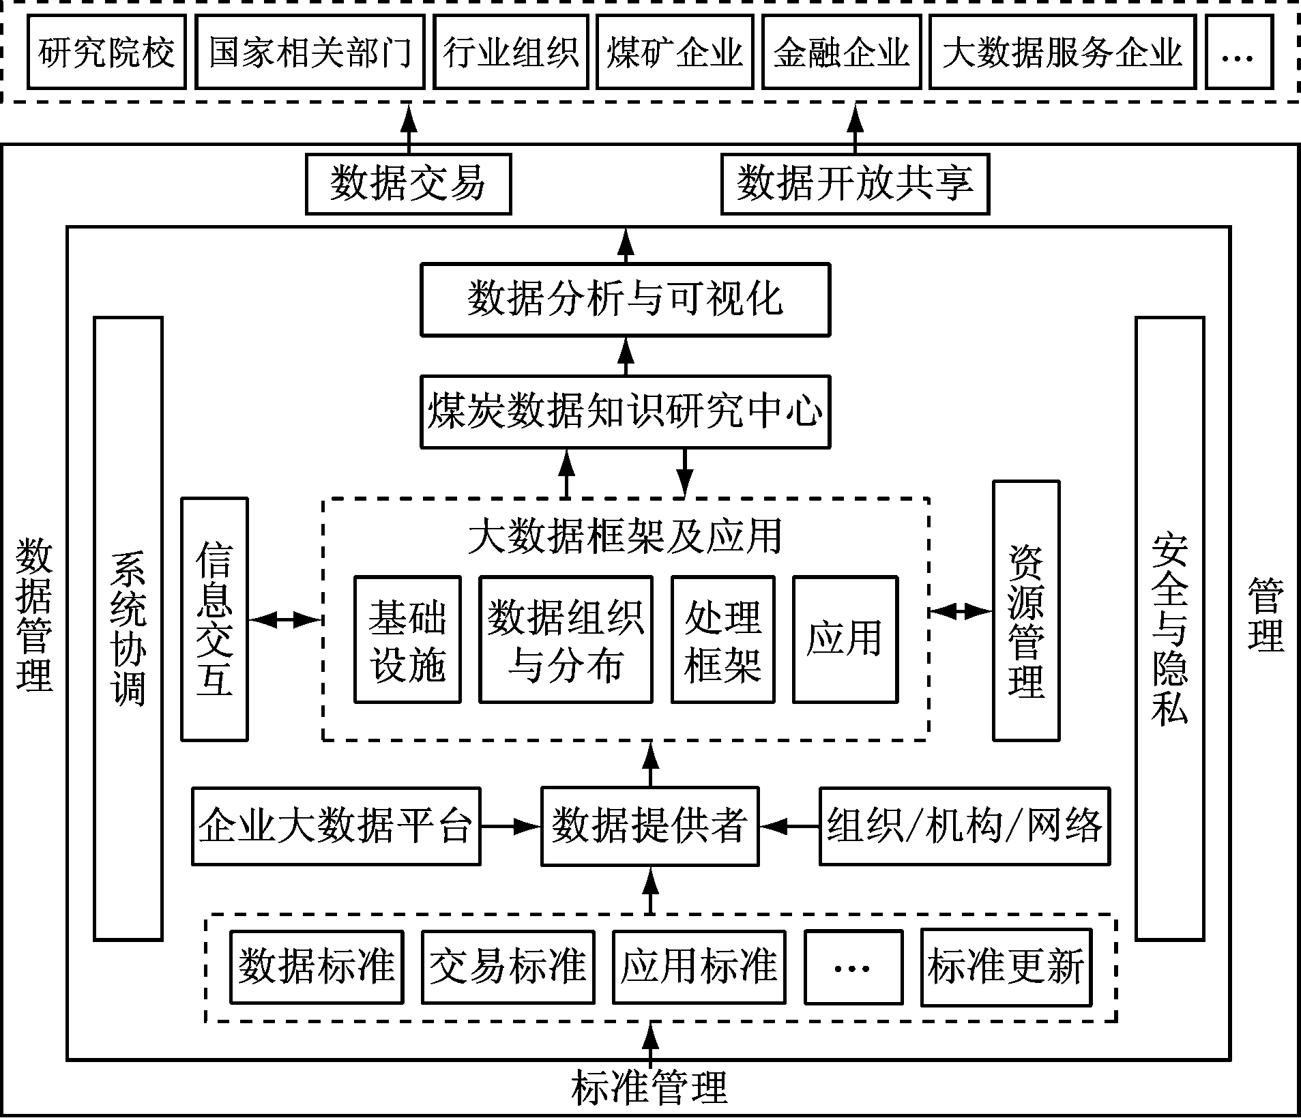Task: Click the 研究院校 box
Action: pyautogui.click(x=106, y=53)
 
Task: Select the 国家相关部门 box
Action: pyautogui.click(x=310, y=53)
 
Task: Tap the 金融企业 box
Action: pyautogui.click(x=841, y=53)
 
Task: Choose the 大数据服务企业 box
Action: pyautogui.click(x=1062, y=53)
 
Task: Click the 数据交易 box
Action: pyautogui.click(x=408, y=184)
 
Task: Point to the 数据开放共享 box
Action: pyautogui.click(x=855, y=184)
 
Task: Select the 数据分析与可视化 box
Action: pyautogui.click(x=625, y=299)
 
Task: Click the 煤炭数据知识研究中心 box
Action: pyautogui.click(x=625, y=411)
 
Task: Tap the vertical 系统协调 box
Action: pyautogui.click(x=128, y=628)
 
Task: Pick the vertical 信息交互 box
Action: pyautogui.click(x=214, y=619)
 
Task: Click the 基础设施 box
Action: pyautogui.click(x=407, y=639)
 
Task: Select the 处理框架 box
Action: pyautogui.click(x=722, y=639)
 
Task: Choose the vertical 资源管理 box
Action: pyautogui.click(x=1025, y=611)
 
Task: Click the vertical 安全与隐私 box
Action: pyautogui.click(x=1169, y=628)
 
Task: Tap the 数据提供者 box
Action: pyautogui.click(x=649, y=826)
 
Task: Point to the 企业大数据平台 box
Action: pyautogui.click(x=336, y=826)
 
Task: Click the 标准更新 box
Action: pyautogui.click(x=1006, y=967)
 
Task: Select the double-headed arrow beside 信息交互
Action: pyautogui.click(x=284, y=619)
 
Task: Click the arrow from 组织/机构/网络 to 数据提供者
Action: pyautogui.click(x=789, y=826)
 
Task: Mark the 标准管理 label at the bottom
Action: pyautogui.click(x=649, y=1087)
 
